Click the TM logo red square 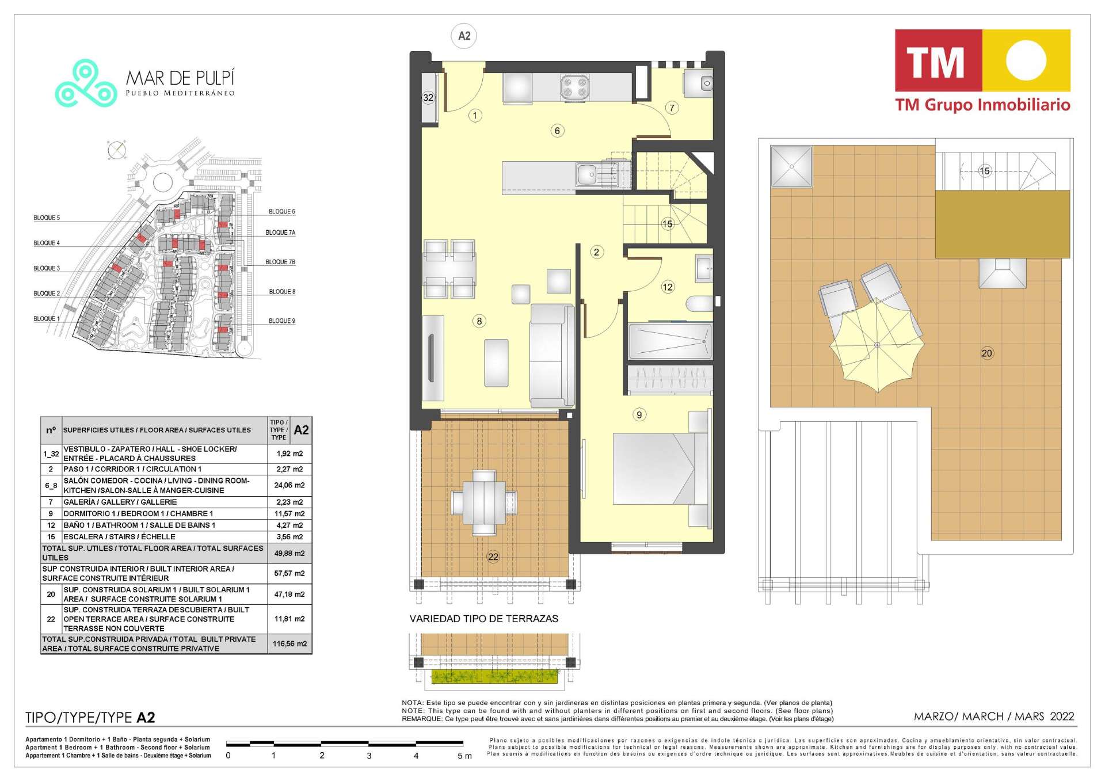pyautogui.click(x=938, y=60)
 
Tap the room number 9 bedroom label pyautogui.click(x=639, y=414)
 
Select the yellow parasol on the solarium pyautogui.click(x=877, y=345)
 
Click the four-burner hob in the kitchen pyautogui.click(x=574, y=87)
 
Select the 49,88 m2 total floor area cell pyautogui.click(x=289, y=553)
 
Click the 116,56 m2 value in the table pyautogui.click(x=290, y=643)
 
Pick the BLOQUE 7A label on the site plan pyautogui.click(x=280, y=233)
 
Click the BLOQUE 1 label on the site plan pyautogui.click(x=47, y=319)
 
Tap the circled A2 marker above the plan pyautogui.click(x=464, y=36)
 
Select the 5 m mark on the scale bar pyautogui.click(x=464, y=756)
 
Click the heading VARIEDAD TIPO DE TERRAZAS pyautogui.click(x=484, y=619)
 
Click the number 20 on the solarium pyautogui.click(x=986, y=353)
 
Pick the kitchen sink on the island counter pyautogui.click(x=588, y=173)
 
